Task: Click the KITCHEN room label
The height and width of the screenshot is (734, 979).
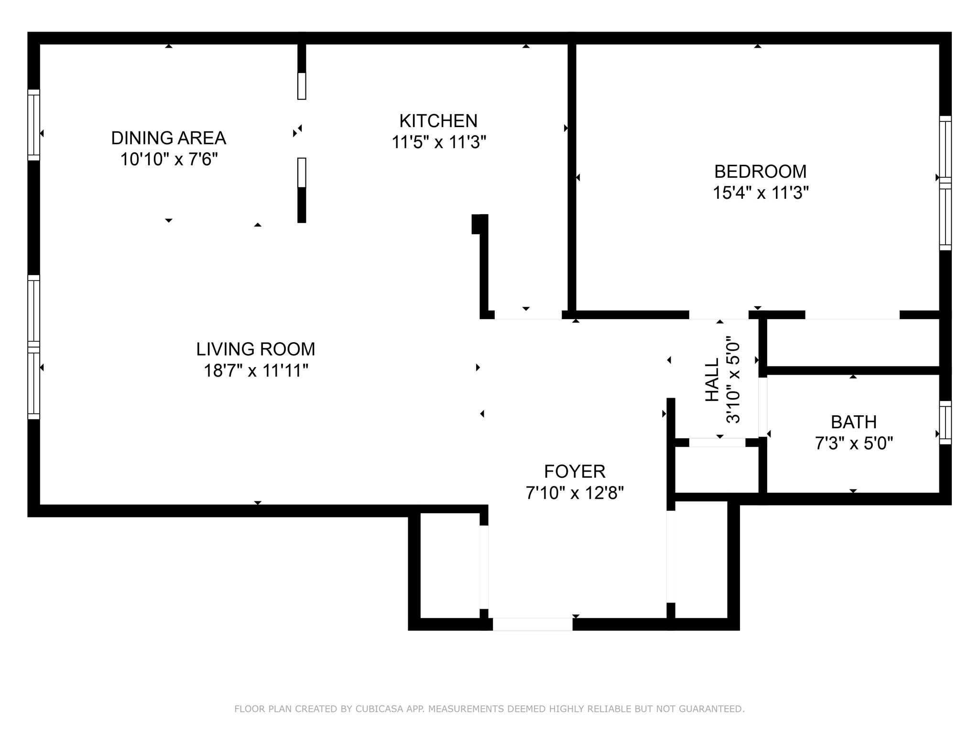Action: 438,121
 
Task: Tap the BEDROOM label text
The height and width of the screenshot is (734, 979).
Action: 760,171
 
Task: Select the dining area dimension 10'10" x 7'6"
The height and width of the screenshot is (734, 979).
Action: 169,159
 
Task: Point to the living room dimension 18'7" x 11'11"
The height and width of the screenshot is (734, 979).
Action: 256,370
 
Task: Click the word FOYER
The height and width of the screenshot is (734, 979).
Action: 575,472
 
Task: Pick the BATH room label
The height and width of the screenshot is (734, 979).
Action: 853,422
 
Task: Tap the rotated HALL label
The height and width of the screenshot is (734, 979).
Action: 712,380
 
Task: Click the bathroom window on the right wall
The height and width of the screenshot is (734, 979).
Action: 945,422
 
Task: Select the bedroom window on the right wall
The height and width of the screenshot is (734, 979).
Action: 945,183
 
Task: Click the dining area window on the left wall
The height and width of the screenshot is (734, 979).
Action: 33,125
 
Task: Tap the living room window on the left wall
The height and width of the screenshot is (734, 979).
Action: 33,347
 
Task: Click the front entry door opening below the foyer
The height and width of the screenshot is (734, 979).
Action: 533,624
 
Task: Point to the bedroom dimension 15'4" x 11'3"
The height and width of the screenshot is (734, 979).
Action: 760,193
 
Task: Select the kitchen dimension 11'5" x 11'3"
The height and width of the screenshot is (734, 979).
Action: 438,142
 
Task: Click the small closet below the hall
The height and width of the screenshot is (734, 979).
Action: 717,469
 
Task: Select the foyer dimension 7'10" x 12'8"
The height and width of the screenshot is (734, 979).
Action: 575,493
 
